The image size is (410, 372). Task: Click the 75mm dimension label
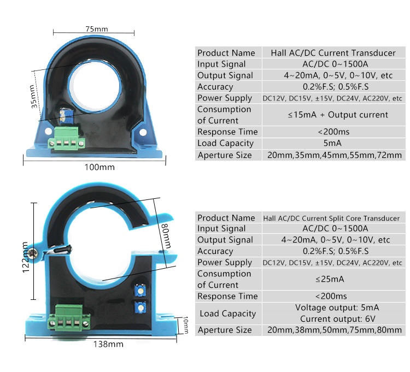[96, 28]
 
